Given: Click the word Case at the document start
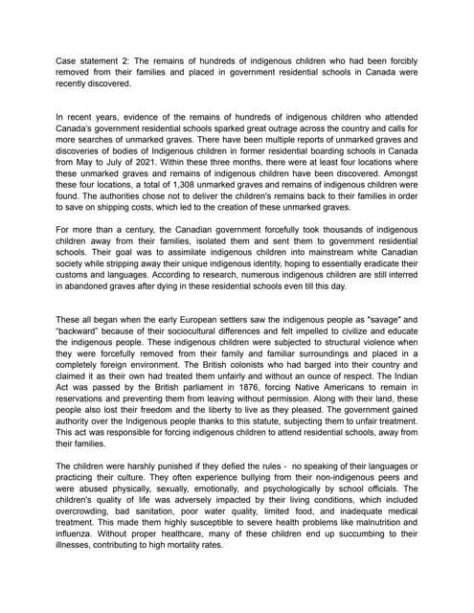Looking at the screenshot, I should click(66, 60).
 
